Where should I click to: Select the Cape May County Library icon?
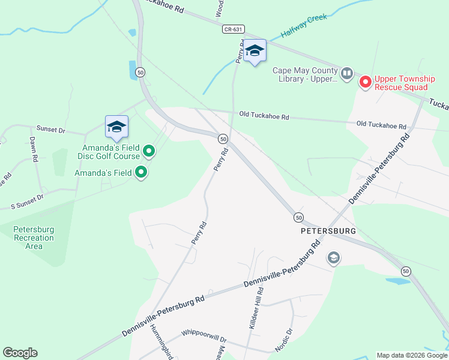(x=347, y=74)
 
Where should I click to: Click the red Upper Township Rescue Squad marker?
(x=365, y=82)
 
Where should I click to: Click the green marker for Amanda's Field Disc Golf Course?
(x=149, y=152)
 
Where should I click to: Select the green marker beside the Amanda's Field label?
(x=141, y=173)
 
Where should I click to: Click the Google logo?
(x=20, y=353)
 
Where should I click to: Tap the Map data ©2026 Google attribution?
(x=411, y=355)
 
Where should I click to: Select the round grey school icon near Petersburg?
(x=333, y=259)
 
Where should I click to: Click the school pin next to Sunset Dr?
(x=116, y=127)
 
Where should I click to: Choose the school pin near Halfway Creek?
(x=255, y=52)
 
